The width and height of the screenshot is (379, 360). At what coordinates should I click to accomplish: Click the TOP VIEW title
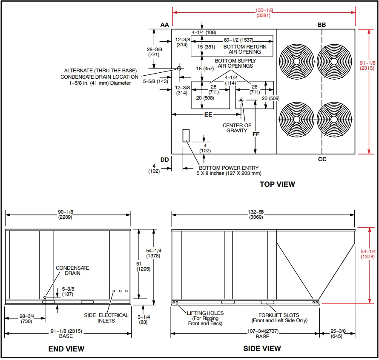tap(277, 184)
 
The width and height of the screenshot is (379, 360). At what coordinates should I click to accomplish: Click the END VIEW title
tap(66, 349)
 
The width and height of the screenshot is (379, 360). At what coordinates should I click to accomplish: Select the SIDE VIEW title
tap(262, 348)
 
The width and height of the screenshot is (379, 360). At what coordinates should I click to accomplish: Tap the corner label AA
tap(165, 25)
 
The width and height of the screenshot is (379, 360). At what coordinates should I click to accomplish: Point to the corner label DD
tap(165, 160)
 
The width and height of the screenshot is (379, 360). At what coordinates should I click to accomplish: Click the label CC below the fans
tap(322, 159)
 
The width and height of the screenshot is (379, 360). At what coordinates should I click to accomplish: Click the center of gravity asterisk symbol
tap(241, 100)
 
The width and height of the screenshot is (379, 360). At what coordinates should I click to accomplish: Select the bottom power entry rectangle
tap(186, 135)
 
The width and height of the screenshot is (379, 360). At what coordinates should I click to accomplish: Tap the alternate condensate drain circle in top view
tap(179, 68)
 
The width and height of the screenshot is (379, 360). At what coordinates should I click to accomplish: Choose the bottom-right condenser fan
tap(335, 119)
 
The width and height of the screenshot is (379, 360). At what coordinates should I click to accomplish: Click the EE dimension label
tap(208, 114)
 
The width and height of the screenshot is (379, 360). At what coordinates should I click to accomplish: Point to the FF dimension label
tap(256, 134)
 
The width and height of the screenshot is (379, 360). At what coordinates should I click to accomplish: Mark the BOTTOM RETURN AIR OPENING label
tap(245, 49)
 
